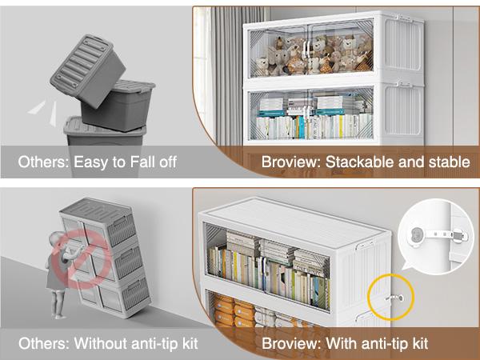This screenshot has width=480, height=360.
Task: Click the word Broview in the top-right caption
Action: click(x=290, y=163)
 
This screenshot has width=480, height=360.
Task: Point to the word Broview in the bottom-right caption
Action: click(x=290, y=344)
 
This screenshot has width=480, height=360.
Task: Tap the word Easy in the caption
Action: click(x=90, y=163)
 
